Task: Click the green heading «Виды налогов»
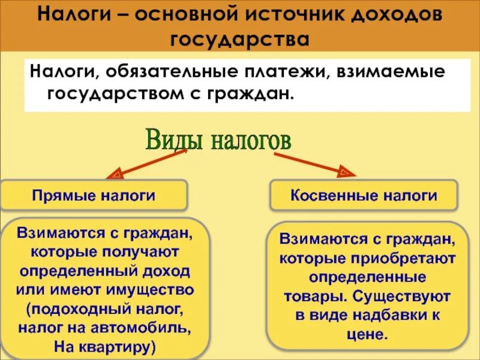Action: click(218, 142)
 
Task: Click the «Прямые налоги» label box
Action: click(94, 195)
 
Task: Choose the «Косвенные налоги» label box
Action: click(364, 195)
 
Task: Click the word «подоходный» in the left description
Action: click(89, 309)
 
